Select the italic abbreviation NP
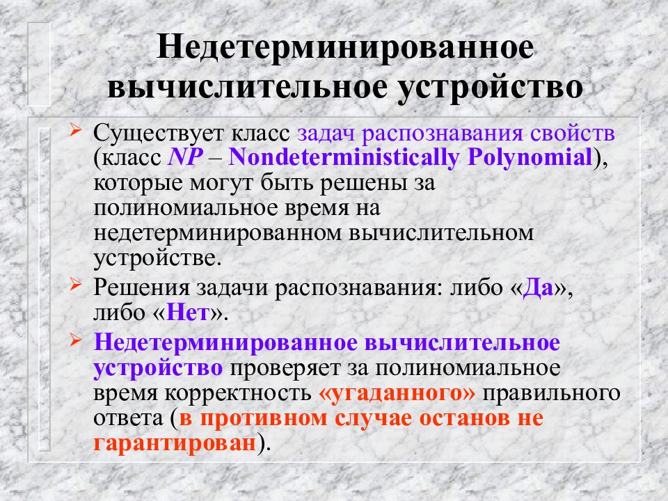(184, 158)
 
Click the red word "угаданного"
(396, 392)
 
